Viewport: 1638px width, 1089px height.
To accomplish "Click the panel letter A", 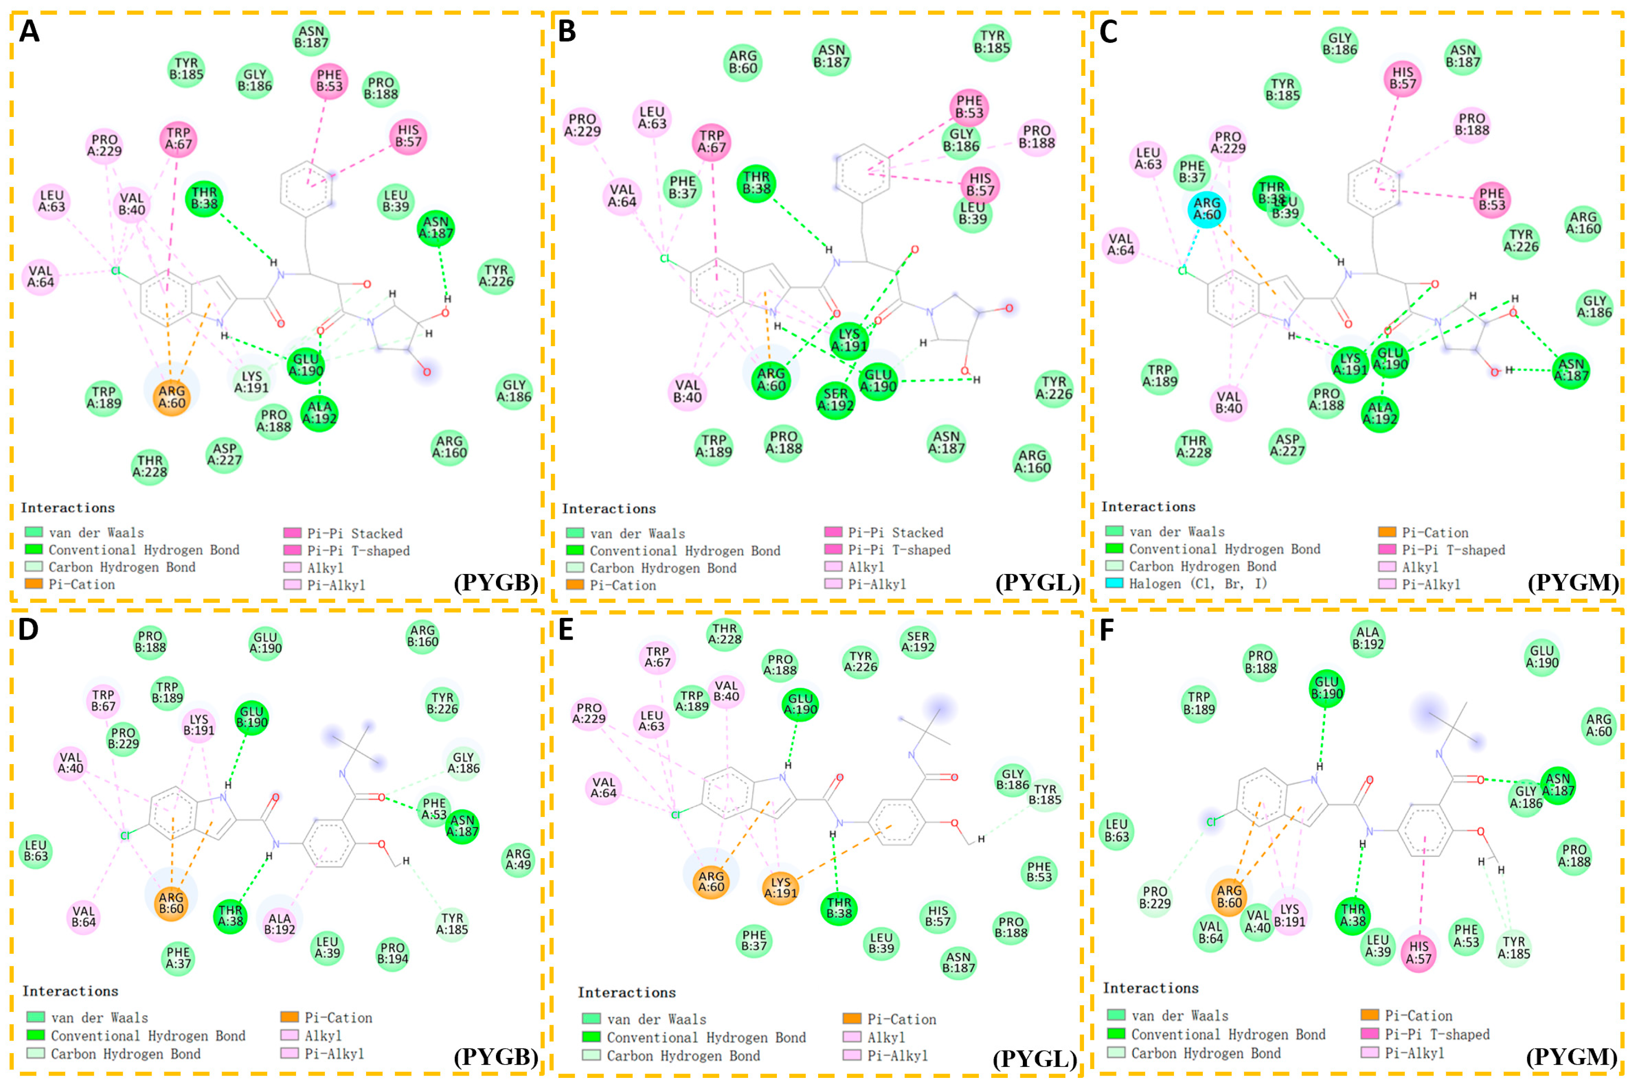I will (x=29, y=31).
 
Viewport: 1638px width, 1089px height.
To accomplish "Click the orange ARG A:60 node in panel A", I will (x=172, y=397).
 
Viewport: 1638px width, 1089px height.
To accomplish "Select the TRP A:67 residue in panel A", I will (x=179, y=139).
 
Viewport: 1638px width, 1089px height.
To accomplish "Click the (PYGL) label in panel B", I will (x=1037, y=582).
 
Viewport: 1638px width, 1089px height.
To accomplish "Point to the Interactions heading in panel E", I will (x=626, y=992).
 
